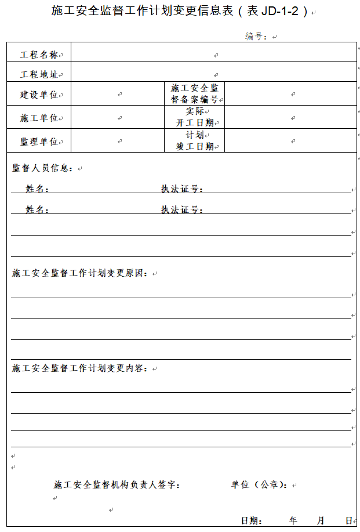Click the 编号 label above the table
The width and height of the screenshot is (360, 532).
[x=256, y=37]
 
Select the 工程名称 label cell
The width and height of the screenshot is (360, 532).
[x=39, y=55]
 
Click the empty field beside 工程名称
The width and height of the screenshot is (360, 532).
[x=213, y=55]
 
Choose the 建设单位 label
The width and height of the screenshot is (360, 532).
[x=39, y=95]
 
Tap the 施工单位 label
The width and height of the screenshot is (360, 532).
[x=39, y=118]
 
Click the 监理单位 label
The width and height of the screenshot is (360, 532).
[x=39, y=141]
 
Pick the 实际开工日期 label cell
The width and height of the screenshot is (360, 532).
[x=195, y=117]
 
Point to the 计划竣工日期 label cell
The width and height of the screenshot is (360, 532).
[x=195, y=140]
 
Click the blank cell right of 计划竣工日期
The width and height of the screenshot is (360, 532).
[x=290, y=141]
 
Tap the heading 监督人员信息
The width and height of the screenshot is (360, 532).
[x=43, y=168]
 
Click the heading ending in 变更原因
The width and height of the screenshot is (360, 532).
[x=81, y=273]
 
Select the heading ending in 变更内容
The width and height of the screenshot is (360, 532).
[x=81, y=368]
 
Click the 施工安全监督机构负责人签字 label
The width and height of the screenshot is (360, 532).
[x=117, y=485]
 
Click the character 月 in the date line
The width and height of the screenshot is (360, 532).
[x=321, y=520]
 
